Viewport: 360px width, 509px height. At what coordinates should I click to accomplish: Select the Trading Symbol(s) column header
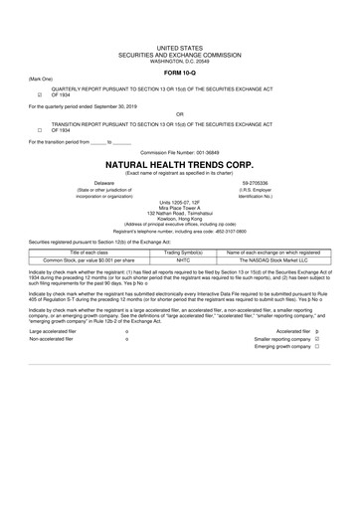[182, 253]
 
